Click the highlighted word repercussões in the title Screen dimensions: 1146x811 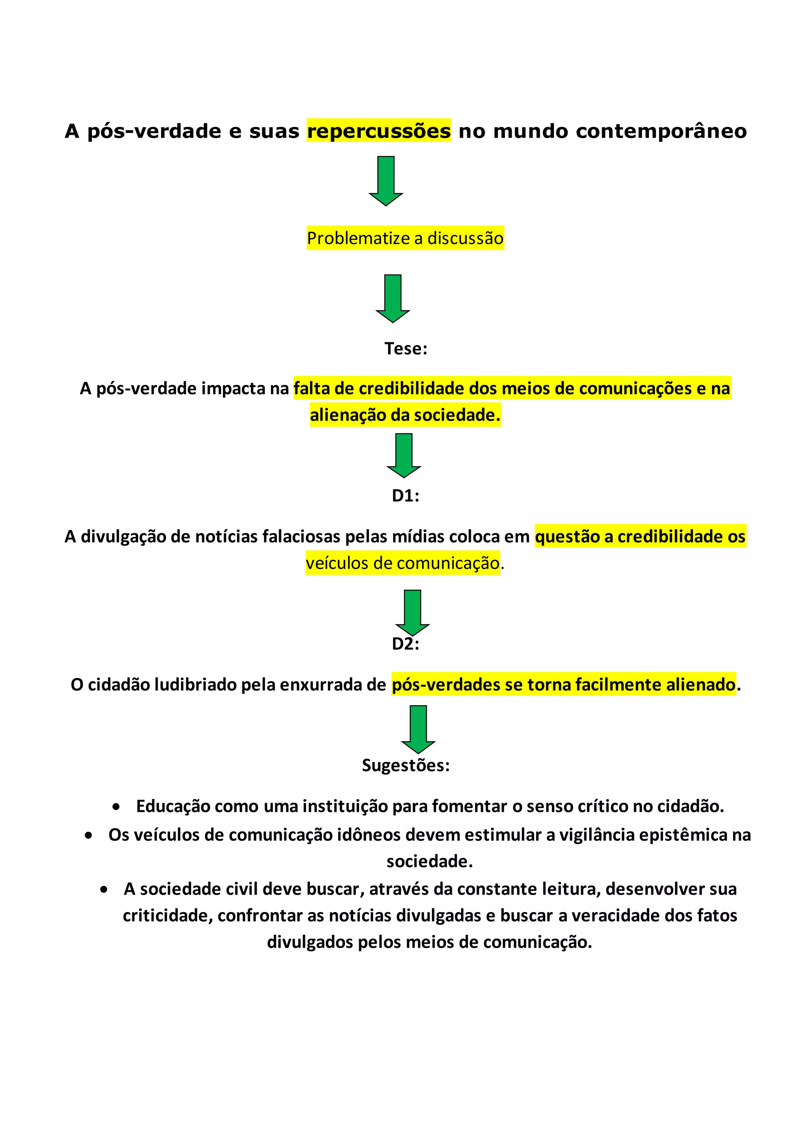click(379, 131)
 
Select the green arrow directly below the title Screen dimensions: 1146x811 click(386, 181)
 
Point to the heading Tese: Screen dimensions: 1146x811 click(405, 348)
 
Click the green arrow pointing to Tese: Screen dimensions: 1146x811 click(393, 298)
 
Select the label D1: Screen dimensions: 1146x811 click(405, 495)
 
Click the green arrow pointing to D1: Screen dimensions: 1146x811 click(404, 455)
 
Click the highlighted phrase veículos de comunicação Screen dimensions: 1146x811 click(402, 563)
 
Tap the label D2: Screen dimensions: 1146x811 click(405, 644)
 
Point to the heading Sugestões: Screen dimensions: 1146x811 click(405, 765)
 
